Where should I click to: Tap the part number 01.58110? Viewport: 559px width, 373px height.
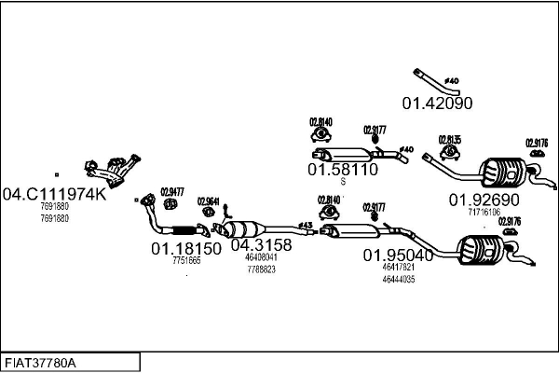(x=342, y=170)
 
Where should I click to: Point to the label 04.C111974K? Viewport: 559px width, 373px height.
(x=55, y=195)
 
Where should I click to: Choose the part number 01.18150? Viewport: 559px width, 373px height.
(x=186, y=249)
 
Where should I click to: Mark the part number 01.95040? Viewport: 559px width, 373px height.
(x=398, y=255)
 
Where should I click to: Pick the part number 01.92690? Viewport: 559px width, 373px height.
(x=484, y=200)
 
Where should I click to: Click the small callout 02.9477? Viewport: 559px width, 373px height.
(x=172, y=191)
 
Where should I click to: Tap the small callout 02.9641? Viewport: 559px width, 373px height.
(x=209, y=201)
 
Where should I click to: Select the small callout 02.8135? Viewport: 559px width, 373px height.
(x=450, y=140)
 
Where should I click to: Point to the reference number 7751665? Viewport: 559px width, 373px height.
(x=186, y=261)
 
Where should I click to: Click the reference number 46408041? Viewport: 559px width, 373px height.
(x=261, y=257)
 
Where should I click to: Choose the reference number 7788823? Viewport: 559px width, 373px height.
(x=261, y=269)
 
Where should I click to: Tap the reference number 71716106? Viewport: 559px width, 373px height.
(x=484, y=212)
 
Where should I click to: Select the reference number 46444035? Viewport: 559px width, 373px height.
(x=398, y=279)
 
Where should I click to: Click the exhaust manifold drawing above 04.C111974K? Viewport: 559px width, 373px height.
(x=109, y=172)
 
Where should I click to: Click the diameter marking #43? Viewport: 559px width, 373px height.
(x=305, y=225)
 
